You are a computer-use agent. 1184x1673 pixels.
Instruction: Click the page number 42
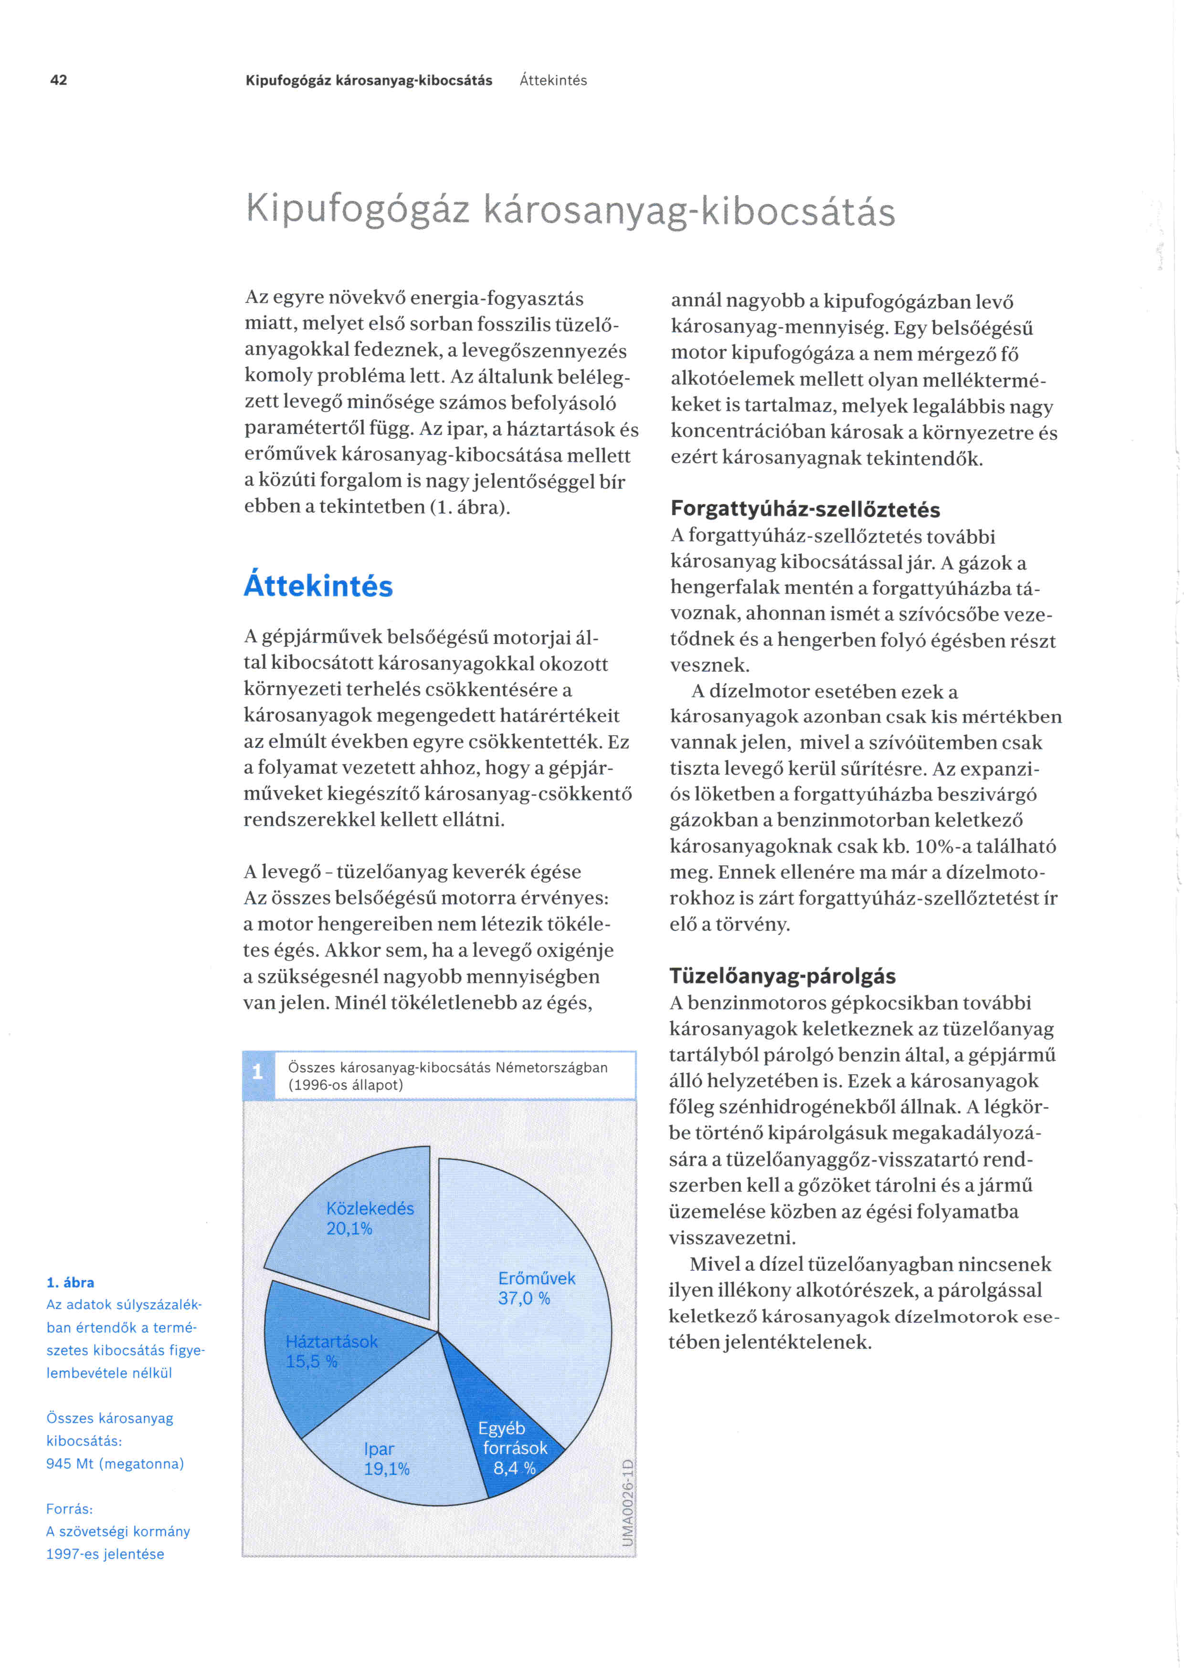[x=58, y=80]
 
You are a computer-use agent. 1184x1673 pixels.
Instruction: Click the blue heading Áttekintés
[x=318, y=586]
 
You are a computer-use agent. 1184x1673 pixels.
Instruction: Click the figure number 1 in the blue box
[x=257, y=1072]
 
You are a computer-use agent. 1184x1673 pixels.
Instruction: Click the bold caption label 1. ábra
[x=70, y=1282]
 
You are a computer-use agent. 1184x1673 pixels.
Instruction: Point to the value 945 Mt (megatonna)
[x=115, y=1464]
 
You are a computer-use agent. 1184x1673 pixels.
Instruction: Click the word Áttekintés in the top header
[x=553, y=80]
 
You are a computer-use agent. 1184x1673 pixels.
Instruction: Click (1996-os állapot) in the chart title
[x=346, y=1084]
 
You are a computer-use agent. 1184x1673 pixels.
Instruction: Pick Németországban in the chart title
[x=551, y=1068]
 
